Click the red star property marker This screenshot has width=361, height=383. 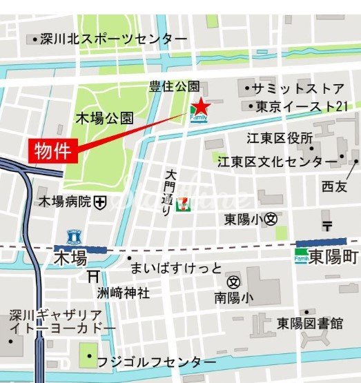coord(199,106)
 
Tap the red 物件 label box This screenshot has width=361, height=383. coord(52,150)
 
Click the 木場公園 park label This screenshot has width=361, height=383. coord(105,118)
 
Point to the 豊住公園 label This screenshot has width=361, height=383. coord(175,86)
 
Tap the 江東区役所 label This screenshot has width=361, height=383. coord(280,138)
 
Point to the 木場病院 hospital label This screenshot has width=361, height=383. coord(65,202)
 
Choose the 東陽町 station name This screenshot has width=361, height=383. coord(333,257)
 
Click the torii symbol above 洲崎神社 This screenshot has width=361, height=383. coord(93,276)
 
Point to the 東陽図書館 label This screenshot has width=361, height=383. coord(310,323)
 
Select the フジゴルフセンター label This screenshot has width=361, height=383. coord(151,362)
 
